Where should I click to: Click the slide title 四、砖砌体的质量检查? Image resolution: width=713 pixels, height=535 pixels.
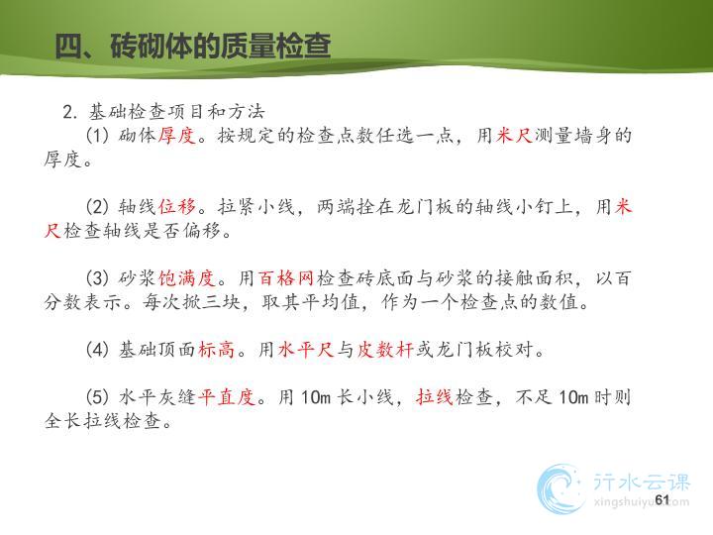tap(193, 46)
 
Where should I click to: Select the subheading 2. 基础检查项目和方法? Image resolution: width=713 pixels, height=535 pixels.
tap(163, 111)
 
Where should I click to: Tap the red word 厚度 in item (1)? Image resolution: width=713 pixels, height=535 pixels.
tap(177, 135)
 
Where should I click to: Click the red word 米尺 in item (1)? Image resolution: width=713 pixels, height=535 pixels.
tap(514, 135)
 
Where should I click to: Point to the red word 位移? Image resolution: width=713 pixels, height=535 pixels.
tap(177, 206)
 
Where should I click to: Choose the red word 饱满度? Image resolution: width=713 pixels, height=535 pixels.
tap(187, 278)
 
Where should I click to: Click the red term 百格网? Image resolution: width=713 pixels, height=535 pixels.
tap(286, 278)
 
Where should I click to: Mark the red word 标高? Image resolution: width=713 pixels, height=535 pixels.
tap(217, 350)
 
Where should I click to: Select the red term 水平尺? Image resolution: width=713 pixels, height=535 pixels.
tap(306, 350)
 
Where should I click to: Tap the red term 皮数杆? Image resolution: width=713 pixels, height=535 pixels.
tap(384, 350)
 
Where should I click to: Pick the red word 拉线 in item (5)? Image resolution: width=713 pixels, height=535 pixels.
tap(435, 397)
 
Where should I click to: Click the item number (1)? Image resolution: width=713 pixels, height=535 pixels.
tap(98, 135)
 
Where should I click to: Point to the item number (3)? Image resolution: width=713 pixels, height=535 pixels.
tap(98, 278)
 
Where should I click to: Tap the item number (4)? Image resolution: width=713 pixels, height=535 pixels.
tap(98, 350)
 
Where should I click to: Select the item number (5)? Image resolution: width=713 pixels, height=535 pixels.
tap(98, 397)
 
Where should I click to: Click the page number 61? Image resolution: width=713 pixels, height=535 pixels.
tap(662, 499)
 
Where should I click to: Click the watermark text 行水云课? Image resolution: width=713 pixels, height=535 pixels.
tap(641, 482)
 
